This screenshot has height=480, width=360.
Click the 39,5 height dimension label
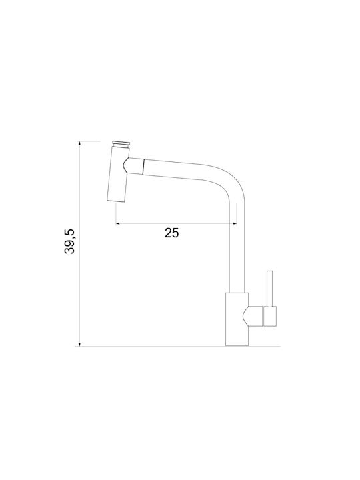[x=69, y=241]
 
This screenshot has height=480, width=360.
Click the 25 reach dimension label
[x=171, y=233]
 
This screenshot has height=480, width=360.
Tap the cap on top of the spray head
[x=121, y=144]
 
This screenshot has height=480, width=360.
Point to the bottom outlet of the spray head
[x=116, y=201]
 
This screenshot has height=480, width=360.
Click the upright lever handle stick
[x=270, y=289]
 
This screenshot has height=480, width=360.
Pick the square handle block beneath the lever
[x=270, y=316]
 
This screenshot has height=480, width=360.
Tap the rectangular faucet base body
[x=237, y=319]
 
